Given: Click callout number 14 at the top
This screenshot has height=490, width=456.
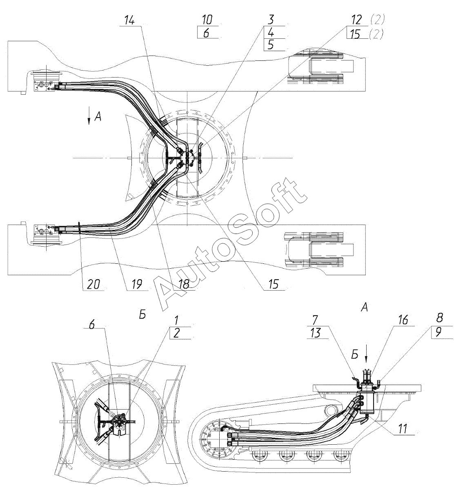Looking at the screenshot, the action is (129, 20).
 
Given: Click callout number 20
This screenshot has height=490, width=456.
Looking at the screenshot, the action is (93, 284).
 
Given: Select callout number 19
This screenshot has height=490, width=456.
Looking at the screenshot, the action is (137, 284).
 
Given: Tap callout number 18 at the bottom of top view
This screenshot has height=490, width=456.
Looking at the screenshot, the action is (184, 284).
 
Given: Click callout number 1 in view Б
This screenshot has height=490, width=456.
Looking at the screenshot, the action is (176, 321).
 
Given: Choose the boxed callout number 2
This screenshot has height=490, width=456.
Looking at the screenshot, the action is (177, 333).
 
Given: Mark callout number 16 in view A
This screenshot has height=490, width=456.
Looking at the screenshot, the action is (402, 321).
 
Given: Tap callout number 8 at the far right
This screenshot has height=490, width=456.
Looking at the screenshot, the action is (440, 318).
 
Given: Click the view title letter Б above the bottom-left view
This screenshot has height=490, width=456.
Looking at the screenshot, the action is (142, 315).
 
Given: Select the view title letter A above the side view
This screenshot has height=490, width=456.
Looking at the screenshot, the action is (365, 307).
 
